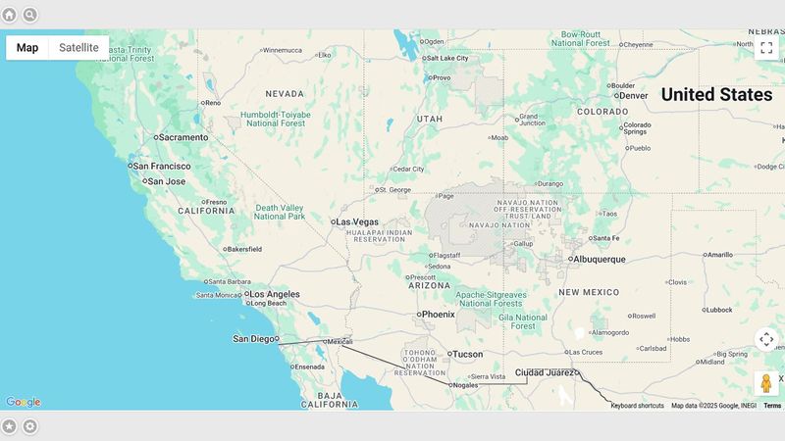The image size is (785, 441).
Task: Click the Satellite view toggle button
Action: (x=78, y=47)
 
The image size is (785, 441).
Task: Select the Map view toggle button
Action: (x=27, y=47)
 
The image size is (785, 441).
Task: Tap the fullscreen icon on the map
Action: (x=767, y=47)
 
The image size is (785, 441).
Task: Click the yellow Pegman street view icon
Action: (x=767, y=383)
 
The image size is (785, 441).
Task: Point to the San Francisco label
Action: (x=162, y=167)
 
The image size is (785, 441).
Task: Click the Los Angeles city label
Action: (x=273, y=294)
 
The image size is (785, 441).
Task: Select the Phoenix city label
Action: (x=437, y=315)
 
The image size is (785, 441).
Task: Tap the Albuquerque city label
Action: (x=599, y=260)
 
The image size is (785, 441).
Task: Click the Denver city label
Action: (x=633, y=96)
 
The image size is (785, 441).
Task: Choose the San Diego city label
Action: (x=254, y=339)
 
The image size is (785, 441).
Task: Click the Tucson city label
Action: (x=467, y=354)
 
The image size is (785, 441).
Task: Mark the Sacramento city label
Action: (x=183, y=137)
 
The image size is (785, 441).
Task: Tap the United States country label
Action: (x=716, y=95)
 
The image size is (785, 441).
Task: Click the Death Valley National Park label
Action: (x=280, y=212)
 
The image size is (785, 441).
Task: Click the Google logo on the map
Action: (x=23, y=402)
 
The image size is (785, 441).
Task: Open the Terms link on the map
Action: (x=773, y=406)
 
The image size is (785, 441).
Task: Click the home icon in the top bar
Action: (x=9, y=15)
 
